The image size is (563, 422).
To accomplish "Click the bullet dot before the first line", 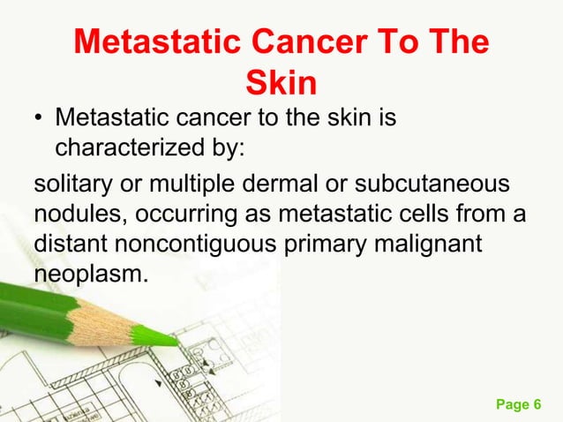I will (40, 118).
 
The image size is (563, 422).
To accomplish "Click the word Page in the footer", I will (513, 405).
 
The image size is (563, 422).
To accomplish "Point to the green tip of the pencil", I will (163, 335).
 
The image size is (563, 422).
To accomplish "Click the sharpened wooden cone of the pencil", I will (115, 319).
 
